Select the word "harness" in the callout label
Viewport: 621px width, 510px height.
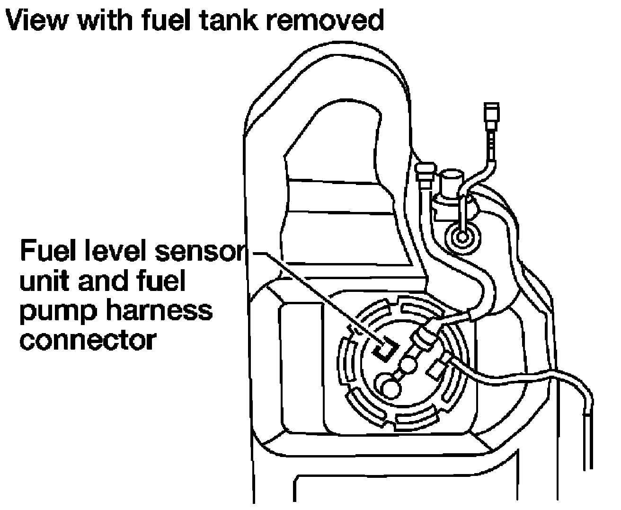[x=159, y=310]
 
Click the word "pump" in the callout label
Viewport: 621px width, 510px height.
[x=58, y=313]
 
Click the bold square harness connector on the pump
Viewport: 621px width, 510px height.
[x=386, y=350]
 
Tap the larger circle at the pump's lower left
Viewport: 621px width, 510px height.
[x=391, y=389]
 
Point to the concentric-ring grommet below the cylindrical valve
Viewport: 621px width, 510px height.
[x=462, y=237]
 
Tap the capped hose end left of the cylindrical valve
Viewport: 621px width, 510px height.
[x=425, y=176]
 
